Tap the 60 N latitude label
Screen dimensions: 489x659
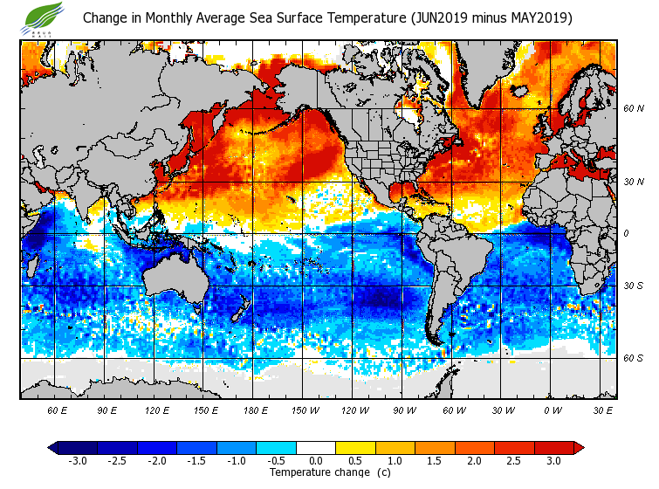634,109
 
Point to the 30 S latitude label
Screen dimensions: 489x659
634,286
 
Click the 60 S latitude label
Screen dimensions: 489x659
634,358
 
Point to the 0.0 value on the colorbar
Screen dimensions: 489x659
316,460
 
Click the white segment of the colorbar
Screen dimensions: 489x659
316,447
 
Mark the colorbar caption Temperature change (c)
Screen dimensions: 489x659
317,472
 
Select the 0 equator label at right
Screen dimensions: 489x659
625,234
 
